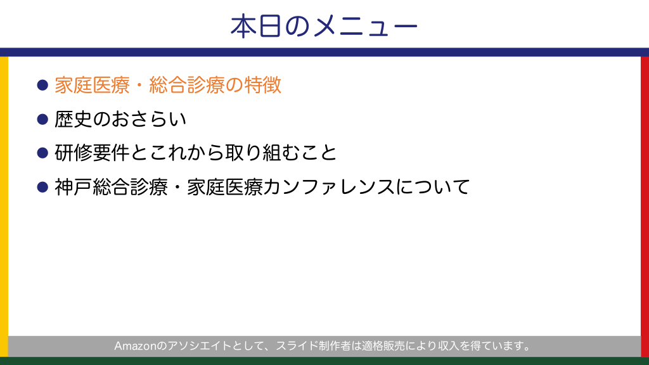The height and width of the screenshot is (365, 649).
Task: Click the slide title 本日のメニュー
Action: pyautogui.click(x=324, y=26)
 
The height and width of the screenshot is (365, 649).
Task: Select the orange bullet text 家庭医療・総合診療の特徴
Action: pyautogui.click(x=168, y=86)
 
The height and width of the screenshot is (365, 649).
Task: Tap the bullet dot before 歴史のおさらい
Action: pyautogui.click(x=42, y=119)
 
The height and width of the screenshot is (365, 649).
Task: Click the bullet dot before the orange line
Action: pyautogui.click(x=42, y=86)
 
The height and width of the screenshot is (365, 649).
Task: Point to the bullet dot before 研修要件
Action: pyautogui.click(x=42, y=153)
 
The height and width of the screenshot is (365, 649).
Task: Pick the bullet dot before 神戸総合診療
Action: pyautogui.click(x=42, y=187)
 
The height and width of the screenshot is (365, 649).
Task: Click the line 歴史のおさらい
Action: pyautogui.click(x=120, y=119)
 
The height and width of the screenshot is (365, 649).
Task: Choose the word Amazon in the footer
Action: pyautogui.click(x=135, y=346)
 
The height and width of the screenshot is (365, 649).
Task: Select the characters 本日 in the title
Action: pyautogui.click(x=257, y=26)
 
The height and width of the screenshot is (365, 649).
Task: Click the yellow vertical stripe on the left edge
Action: pyautogui.click(x=4, y=207)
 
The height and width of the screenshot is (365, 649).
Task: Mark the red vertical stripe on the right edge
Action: pyautogui.click(x=645, y=207)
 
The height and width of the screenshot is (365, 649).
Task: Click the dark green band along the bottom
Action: pyautogui.click(x=324, y=361)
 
